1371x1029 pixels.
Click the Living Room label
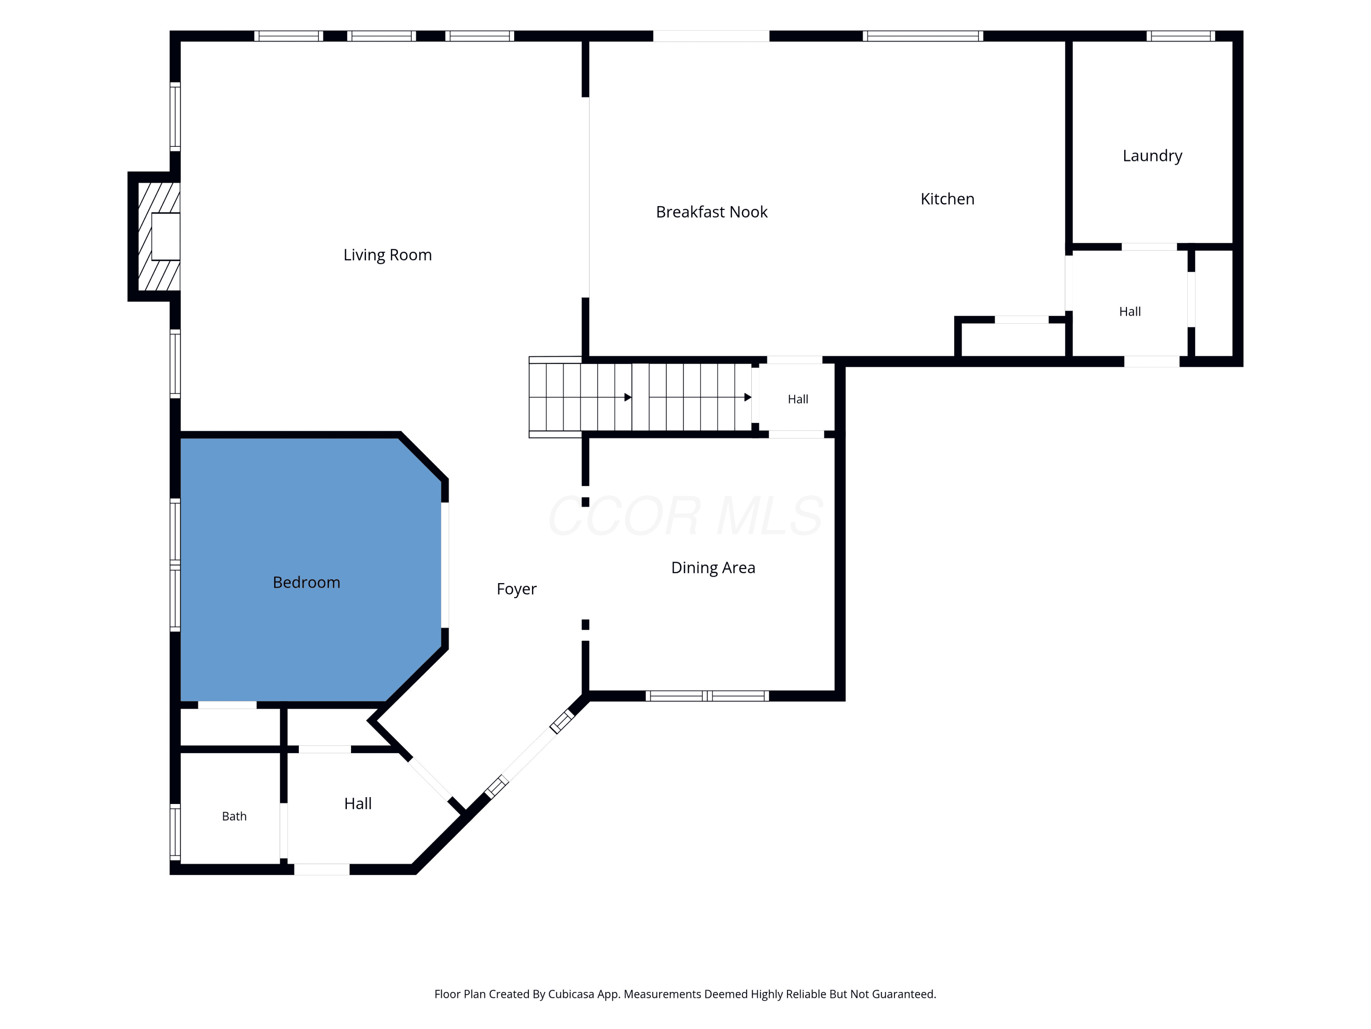[388, 255]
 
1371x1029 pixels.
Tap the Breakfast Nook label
[712, 212]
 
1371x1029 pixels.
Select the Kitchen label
[947, 199]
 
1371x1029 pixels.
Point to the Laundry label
[1152, 155]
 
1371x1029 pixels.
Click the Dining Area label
[713, 568]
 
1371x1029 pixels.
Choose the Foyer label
[516, 589]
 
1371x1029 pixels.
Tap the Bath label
[234, 816]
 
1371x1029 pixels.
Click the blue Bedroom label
[306, 583]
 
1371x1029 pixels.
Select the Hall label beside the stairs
[797, 399]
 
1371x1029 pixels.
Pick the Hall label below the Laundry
[1130, 312]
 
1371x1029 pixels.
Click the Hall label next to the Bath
[358, 804]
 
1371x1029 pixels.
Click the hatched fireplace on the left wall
[159, 236]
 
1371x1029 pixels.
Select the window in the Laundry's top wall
[1181, 36]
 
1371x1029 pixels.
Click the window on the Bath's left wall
[175, 832]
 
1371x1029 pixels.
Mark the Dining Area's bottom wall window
[707, 696]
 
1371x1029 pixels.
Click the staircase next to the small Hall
[640, 397]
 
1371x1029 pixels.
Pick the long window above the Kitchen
[923, 36]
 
